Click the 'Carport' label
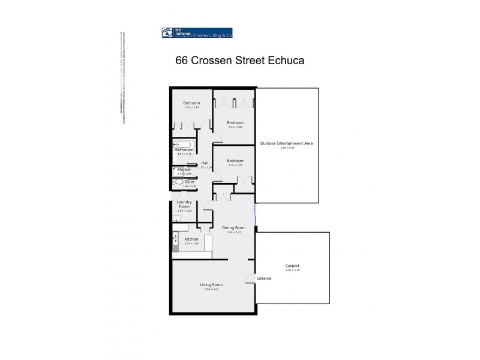(x=292, y=266)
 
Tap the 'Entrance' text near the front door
(x=264, y=278)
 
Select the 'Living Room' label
(x=212, y=284)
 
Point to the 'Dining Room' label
(x=233, y=227)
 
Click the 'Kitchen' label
(x=191, y=239)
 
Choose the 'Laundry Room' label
(x=184, y=205)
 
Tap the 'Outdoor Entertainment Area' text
(x=287, y=143)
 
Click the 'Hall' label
(x=205, y=163)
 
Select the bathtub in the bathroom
(x=183, y=144)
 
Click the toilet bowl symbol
(x=179, y=181)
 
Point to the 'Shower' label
(x=184, y=170)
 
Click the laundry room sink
(x=175, y=220)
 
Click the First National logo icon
(x=167, y=34)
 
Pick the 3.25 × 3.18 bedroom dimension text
(x=191, y=108)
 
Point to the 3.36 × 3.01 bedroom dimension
(x=235, y=166)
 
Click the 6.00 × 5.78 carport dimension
(x=292, y=271)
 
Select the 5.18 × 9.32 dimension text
(x=287, y=148)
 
